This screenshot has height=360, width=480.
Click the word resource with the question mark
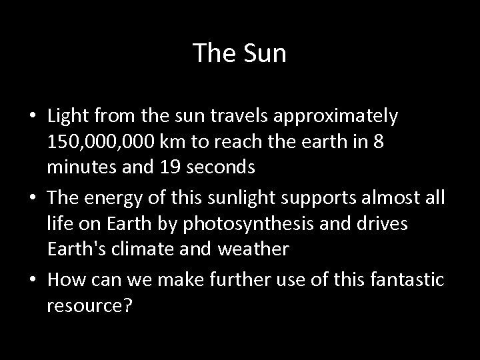89,306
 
